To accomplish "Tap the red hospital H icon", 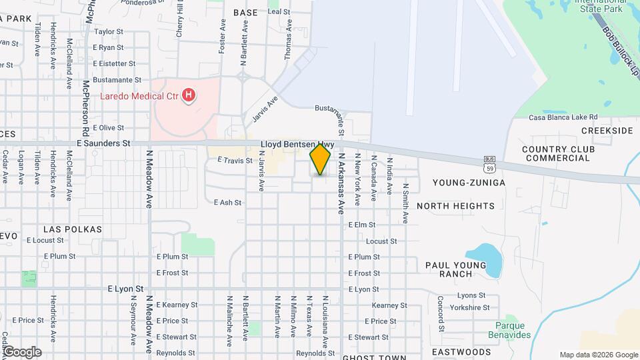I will [x=189, y=96].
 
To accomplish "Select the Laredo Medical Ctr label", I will [x=140, y=96].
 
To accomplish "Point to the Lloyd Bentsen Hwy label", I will [x=297, y=143].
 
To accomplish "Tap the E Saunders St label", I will [x=103, y=143].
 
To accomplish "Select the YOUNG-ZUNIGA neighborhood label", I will [x=469, y=182].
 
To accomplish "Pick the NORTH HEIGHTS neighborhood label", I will [x=456, y=206].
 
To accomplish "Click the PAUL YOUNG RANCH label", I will [x=457, y=269].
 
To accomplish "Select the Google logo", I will [x=22, y=351].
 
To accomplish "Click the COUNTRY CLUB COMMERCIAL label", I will [x=557, y=153].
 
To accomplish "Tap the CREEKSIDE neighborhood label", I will [x=607, y=131].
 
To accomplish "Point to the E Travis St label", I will [x=235, y=161].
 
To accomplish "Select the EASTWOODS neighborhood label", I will [x=461, y=351].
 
